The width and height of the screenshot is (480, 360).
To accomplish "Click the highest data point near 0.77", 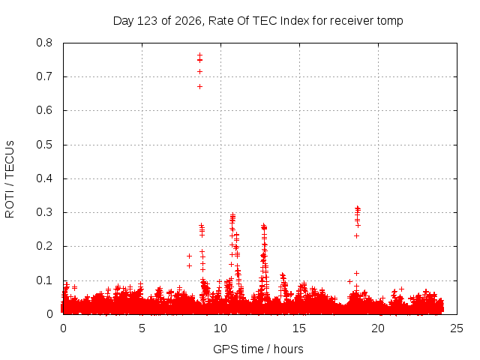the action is coord(200,55).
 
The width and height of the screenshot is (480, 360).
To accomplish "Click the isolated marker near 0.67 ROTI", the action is coord(200,87).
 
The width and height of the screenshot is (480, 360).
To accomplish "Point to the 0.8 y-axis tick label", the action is coord(44,43).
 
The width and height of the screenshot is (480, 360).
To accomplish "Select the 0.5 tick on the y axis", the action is coord(44,145).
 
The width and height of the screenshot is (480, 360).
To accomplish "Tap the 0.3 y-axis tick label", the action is coord(44,212).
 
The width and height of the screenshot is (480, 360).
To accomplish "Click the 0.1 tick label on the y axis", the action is coord(44,280).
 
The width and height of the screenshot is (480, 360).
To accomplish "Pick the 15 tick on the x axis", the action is coord(299,328).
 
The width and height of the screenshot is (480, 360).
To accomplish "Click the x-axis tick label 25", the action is coord(457,328).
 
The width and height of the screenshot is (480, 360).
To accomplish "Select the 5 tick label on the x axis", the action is coord(142,328).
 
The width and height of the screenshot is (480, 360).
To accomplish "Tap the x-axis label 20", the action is coord(378,328).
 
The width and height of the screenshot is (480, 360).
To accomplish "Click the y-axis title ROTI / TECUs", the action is coord(10,179).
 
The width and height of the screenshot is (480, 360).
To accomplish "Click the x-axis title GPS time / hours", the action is coord(258,349).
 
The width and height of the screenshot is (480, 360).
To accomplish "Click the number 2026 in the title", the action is coord(188,21).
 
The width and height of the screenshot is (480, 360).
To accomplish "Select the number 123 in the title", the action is coord(147,21).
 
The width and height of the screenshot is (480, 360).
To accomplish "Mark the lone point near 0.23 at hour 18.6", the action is coord(356,235).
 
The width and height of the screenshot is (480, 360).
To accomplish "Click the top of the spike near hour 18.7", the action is coord(357,208).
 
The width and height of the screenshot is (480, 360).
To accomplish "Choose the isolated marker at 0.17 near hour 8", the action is coord(189,256).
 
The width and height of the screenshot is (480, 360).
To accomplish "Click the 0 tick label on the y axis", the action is coord(49,314).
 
